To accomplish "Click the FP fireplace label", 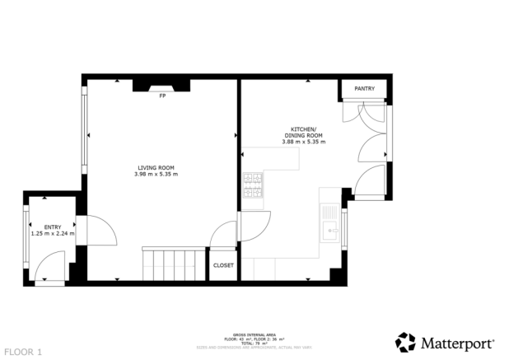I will click(161, 96).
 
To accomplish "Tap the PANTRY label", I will click(365, 88).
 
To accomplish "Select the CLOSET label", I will click(223, 265).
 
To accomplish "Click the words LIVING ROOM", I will click(156, 167).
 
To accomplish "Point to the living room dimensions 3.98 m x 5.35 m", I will click(156, 174).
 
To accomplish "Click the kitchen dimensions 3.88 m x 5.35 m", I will click(303, 142).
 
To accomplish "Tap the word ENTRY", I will click(52, 227).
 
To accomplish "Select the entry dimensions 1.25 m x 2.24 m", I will click(52, 233).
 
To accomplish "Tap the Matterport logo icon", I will click(406, 342).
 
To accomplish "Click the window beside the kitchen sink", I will click(345, 228).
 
